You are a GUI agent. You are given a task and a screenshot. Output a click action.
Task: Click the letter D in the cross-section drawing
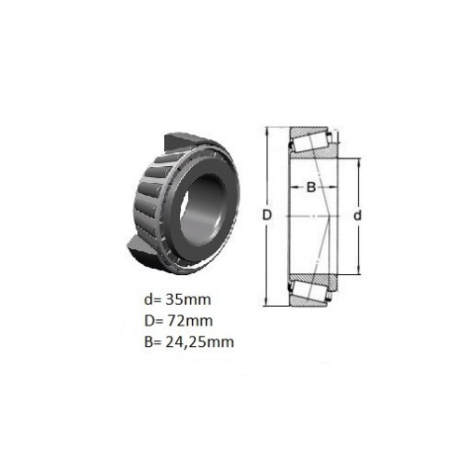click(267, 215)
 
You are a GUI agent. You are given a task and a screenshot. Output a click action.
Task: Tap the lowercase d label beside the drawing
click(358, 215)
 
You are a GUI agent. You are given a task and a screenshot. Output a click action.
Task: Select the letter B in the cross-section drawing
click(311, 187)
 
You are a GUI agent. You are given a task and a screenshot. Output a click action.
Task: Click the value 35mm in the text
click(188, 299)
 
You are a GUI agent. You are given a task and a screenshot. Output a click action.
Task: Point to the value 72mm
click(190, 321)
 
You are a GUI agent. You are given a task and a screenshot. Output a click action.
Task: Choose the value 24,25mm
click(200, 342)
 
